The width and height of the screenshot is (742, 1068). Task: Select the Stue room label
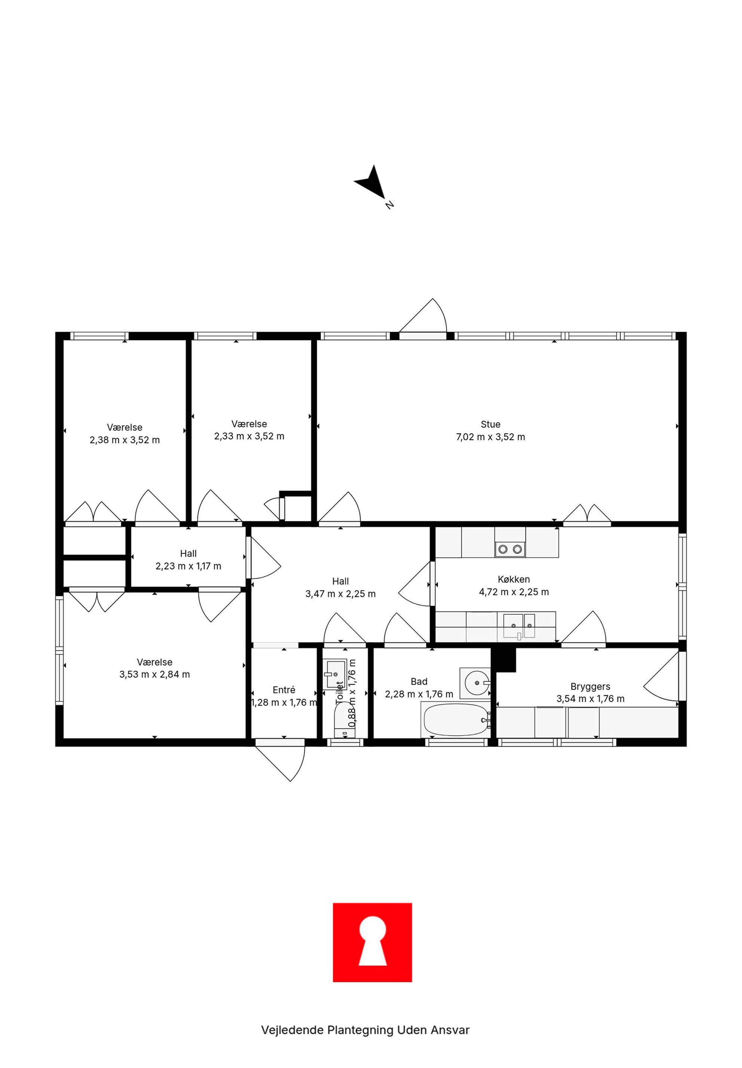point(490,424)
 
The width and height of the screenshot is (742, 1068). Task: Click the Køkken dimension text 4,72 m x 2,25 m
point(514,592)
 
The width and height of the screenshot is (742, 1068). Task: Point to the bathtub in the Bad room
point(456,720)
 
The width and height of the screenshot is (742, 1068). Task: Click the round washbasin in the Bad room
point(475,683)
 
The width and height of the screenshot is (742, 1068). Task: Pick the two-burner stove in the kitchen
point(510,549)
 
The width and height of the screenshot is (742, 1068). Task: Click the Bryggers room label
point(591,687)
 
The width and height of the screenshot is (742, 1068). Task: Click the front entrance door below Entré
point(280,760)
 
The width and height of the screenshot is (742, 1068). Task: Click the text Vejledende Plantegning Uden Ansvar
point(365,1030)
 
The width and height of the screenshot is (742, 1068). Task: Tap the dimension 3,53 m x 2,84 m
point(154,674)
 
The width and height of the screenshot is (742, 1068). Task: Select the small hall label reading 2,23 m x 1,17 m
point(188,566)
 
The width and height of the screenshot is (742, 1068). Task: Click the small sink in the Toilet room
point(335,673)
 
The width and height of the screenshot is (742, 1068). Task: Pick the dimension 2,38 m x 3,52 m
point(125,440)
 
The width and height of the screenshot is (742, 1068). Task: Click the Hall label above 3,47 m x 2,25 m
point(340,581)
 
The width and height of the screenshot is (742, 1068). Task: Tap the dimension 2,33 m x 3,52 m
point(249,436)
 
